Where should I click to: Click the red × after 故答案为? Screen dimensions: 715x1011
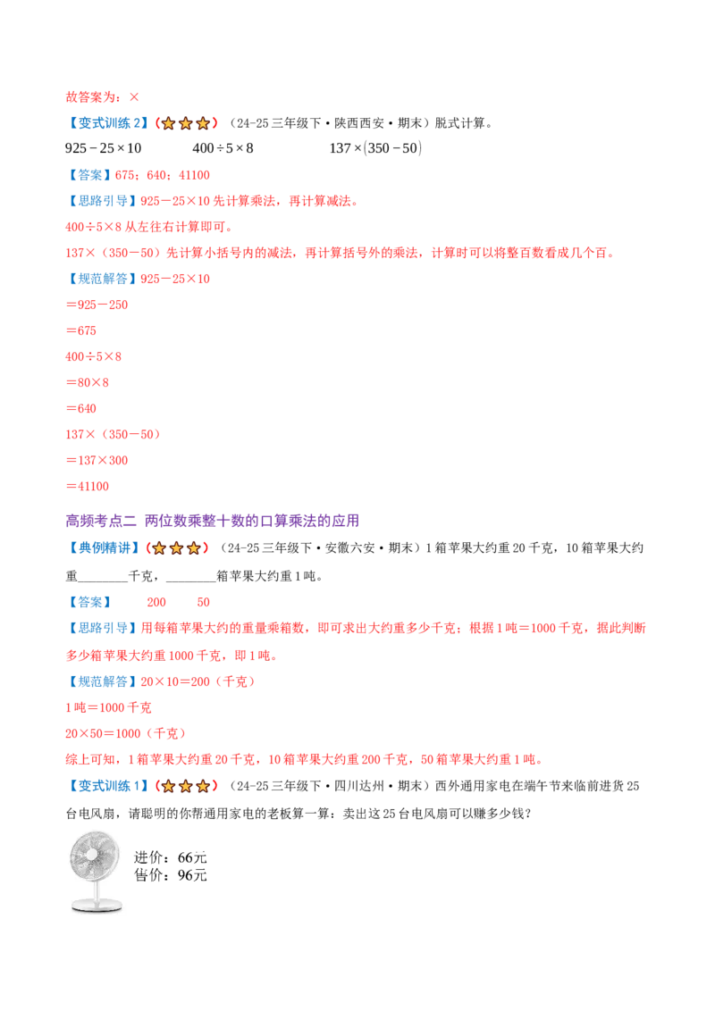pyautogui.click(x=134, y=97)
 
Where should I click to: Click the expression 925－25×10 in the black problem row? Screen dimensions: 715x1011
pyautogui.click(x=104, y=148)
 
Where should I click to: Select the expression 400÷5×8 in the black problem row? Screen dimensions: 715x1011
pyautogui.click(x=223, y=148)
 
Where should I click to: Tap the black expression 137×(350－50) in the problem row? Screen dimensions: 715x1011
pyautogui.click(x=375, y=148)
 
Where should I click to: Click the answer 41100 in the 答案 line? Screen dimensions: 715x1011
pyautogui.click(x=194, y=175)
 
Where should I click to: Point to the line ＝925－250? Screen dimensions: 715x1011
pyautogui.click(x=97, y=305)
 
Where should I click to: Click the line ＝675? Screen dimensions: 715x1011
pyautogui.click(x=80, y=330)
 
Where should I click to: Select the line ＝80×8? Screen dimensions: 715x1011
pyautogui.click(x=87, y=382)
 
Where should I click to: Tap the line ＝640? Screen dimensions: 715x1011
pyautogui.click(x=80, y=408)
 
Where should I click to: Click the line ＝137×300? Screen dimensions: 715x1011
pyautogui.click(x=97, y=460)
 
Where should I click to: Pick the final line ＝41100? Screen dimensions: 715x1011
pyautogui.click(x=87, y=486)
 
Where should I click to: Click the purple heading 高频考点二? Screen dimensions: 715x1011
pyautogui.click(x=101, y=521)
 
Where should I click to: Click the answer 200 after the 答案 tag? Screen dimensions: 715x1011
pyautogui.click(x=156, y=602)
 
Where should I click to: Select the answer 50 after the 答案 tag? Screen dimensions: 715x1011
pyautogui.click(x=203, y=602)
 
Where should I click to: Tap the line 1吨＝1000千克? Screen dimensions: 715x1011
pyautogui.click(x=108, y=707)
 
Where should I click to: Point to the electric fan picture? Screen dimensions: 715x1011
pyautogui.click(x=96, y=872)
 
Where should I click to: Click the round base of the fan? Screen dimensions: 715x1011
pyautogui.click(x=97, y=907)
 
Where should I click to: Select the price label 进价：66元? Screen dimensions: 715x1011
pyautogui.click(x=171, y=857)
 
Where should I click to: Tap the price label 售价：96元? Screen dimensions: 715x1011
pyautogui.click(x=171, y=875)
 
